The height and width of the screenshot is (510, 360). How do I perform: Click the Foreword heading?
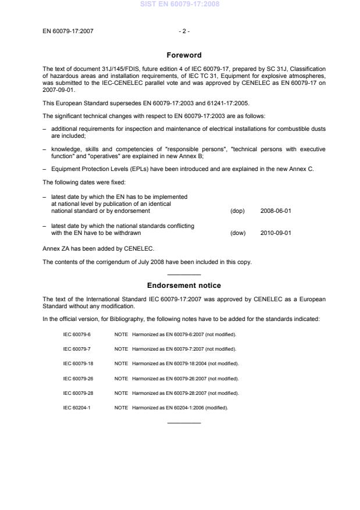pyautogui.click(x=184, y=55)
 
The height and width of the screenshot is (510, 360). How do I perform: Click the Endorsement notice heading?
pyautogui.click(x=184, y=286)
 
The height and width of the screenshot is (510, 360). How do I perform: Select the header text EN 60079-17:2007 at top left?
pyautogui.click(x=67, y=31)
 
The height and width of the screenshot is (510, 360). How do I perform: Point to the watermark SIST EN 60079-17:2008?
pyautogui.click(x=180, y=5)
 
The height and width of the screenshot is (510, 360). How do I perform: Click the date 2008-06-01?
pyautogui.click(x=276, y=211)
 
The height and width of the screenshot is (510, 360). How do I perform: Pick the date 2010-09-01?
pyautogui.click(x=276, y=233)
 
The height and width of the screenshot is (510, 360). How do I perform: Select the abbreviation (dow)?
pyautogui.click(x=238, y=233)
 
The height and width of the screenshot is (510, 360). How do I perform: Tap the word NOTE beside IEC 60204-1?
pyautogui.click(x=121, y=407)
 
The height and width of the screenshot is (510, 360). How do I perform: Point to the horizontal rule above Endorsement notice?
pyautogui.click(x=184, y=274)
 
